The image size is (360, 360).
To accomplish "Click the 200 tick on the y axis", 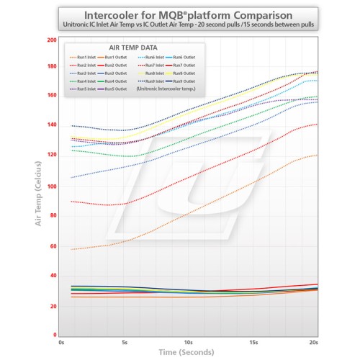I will click(x=51, y=40).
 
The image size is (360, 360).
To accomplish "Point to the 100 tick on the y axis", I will click(x=51, y=187).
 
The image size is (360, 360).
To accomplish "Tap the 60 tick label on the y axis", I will click(x=53, y=246).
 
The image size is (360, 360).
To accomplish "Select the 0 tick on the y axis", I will click(x=55, y=336).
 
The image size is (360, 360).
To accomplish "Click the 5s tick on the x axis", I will click(x=125, y=343).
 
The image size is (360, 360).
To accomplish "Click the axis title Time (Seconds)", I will click(x=187, y=354).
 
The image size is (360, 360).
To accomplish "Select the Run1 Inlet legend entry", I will click(x=88, y=56).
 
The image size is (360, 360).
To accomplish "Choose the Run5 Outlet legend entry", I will click(x=114, y=89).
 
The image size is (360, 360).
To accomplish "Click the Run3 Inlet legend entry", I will click(x=88, y=73).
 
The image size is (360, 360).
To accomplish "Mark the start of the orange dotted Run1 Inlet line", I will click(x=71, y=249).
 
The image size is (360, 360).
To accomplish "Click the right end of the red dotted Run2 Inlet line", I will click(x=317, y=124).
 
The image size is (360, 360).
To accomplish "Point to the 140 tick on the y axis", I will click(x=51, y=128).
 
